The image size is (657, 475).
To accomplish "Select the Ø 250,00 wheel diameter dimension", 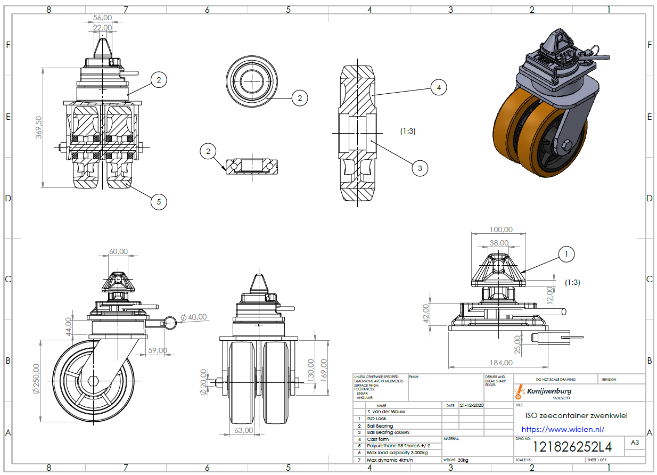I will (36, 379).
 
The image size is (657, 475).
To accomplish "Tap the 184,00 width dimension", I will (500, 363).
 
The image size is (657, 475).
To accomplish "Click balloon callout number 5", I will (158, 201).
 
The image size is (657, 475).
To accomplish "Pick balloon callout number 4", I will (438, 87).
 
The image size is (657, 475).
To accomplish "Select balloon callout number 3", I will (420, 168).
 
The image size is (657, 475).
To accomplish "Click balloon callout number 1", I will (566, 255).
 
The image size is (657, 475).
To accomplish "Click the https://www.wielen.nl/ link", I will (563, 429).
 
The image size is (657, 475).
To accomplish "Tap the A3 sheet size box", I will (635, 443).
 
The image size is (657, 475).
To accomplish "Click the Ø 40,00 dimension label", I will (194, 317).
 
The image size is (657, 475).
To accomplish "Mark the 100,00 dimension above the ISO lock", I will (500, 230).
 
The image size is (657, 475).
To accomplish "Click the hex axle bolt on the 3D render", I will (566, 145).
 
